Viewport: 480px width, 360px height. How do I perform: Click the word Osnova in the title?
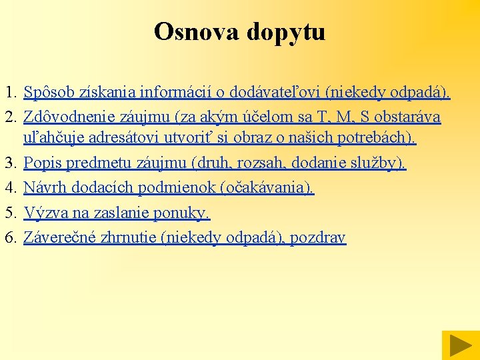(x=193, y=31)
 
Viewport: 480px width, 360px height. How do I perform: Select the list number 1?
(x=9, y=92)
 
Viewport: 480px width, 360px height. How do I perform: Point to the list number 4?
(x=9, y=189)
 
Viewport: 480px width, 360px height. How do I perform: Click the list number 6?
(x=9, y=238)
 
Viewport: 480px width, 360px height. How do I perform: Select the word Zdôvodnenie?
(x=69, y=117)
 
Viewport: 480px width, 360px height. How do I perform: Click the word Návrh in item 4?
(x=43, y=189)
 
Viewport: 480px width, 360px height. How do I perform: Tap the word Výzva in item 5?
(x=43, y=213)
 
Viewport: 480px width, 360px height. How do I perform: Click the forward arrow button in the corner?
(x=459, y=345)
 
